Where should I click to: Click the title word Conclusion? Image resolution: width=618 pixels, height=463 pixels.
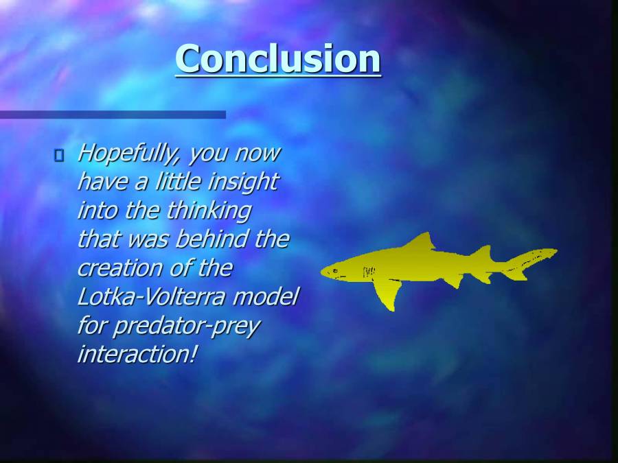[278, 59]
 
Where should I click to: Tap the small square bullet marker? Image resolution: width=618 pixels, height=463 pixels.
[58, 156]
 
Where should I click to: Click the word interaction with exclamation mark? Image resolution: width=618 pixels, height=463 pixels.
[137, 355]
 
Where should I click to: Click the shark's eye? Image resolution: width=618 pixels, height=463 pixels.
[334, 270]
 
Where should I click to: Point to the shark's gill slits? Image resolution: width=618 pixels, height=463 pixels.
[369, 272]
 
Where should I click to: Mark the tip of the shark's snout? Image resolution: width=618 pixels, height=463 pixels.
[323, 272]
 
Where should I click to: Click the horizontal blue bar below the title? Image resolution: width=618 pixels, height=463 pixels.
[113, 115]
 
